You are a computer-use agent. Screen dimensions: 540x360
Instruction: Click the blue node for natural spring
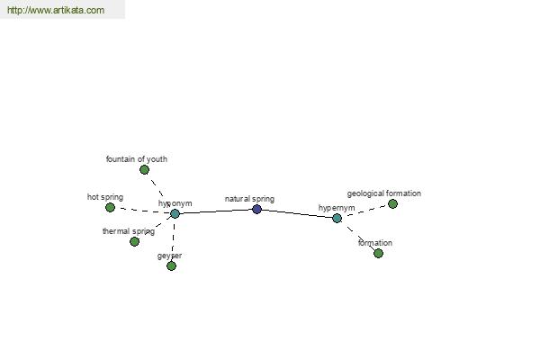[x=256, y=209]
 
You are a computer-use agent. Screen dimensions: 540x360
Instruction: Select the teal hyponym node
[x=175, y=213]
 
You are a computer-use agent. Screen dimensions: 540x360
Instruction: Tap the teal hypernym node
[x=337, y=218]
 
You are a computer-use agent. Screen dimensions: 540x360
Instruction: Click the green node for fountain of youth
[x=144, y=169]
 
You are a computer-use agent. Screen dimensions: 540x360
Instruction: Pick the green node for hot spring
[x=110, y=207]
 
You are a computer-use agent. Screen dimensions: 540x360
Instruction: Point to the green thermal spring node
[x=135, y=241]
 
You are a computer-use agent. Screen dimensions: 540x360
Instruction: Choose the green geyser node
[x=171, y=266]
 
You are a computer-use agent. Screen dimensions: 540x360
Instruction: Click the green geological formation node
[x=392, y=204]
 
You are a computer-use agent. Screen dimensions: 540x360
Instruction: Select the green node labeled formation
[x=378, y=254]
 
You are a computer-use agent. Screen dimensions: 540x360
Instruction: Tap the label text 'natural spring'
[x=249, y=199]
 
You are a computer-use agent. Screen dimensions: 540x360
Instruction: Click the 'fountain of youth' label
[x=137, y=159]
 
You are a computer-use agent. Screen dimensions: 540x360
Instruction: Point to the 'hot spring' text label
[x=105, y=197]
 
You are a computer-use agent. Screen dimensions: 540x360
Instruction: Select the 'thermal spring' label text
[x=129, y=231]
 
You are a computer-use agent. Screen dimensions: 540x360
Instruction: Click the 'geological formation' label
[x=384, y=193]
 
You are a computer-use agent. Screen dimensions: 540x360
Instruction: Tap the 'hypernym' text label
[x=337, y=208]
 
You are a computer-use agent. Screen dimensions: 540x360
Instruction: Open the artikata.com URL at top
[x=56, y=10]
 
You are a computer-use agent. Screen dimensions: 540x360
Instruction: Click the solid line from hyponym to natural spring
[x=216, y=211]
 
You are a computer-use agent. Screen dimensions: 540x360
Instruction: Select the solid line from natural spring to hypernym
[x=297, y=213]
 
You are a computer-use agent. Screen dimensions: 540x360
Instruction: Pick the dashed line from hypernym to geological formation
[x=365, y=211]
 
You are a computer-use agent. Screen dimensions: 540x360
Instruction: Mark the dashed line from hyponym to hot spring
[x=142, y=211]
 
